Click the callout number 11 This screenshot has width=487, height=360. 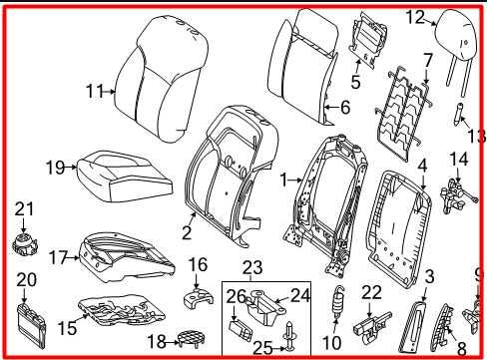94,91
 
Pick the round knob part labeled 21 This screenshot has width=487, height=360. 23,243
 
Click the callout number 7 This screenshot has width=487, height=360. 427,59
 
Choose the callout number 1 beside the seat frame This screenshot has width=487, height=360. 283,180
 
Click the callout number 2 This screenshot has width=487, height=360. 187,233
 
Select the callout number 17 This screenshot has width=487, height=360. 57,257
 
